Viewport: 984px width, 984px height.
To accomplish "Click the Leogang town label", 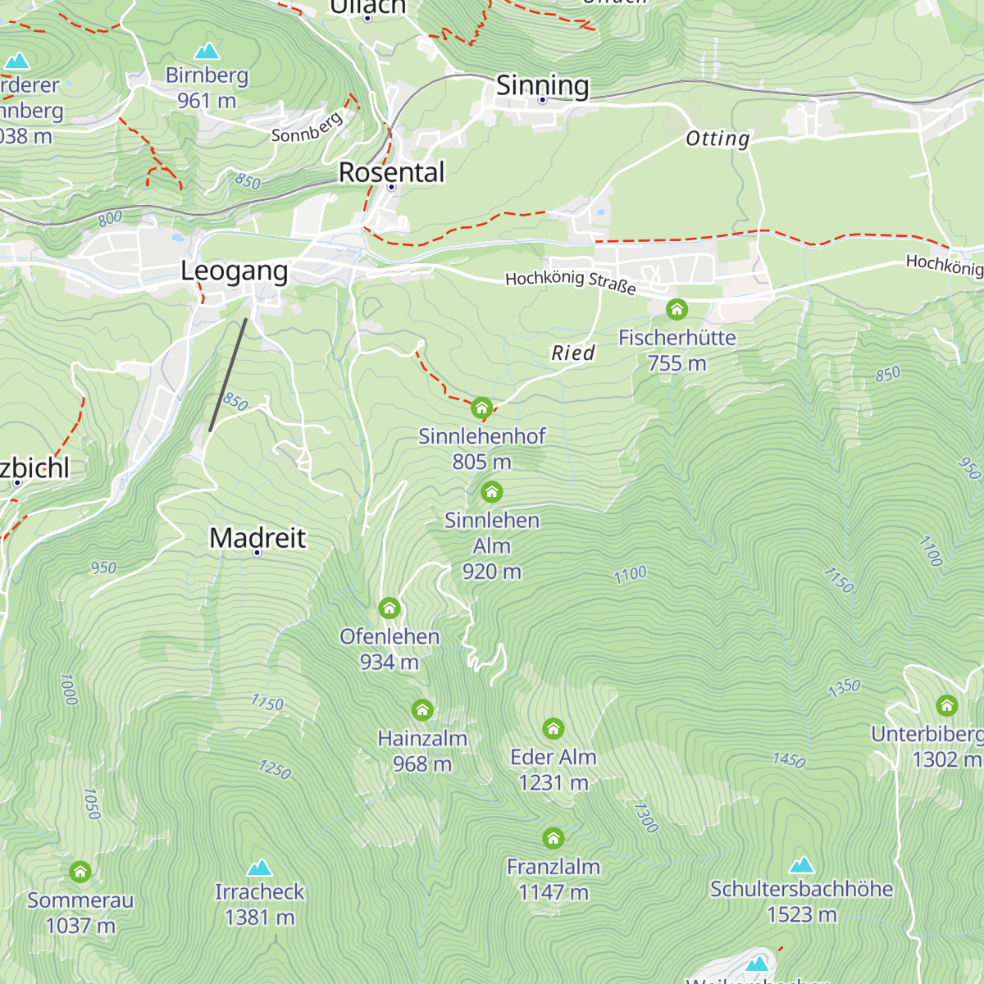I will (235, 271).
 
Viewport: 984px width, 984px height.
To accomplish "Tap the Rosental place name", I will (392, 172).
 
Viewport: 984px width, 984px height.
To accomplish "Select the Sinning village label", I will (542, 85).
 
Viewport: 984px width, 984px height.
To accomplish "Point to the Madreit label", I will (257, 538).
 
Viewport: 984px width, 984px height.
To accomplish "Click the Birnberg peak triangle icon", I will (207, 51).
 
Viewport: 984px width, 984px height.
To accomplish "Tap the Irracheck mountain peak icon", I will (260, 868).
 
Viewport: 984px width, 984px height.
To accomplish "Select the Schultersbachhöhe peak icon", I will (801, 865).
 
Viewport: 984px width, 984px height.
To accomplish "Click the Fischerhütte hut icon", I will (676, 309).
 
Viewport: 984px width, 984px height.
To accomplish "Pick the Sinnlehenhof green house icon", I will (481, 408).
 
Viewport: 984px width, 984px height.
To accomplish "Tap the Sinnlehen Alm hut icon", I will (491, 492).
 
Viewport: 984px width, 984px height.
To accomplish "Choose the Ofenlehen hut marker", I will (389, 608).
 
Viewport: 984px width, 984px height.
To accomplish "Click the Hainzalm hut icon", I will (422, 709).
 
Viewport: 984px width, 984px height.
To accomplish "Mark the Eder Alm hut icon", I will (553, 728).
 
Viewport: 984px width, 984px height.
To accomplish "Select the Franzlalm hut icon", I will (553, 838).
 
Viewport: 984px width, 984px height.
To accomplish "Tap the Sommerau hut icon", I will (80, 872).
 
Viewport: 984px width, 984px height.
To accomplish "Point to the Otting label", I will (717, 139).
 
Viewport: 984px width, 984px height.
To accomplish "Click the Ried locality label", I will (572, 353).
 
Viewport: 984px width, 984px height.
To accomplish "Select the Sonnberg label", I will (307, 127).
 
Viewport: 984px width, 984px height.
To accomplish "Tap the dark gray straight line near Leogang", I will (228, 375).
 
